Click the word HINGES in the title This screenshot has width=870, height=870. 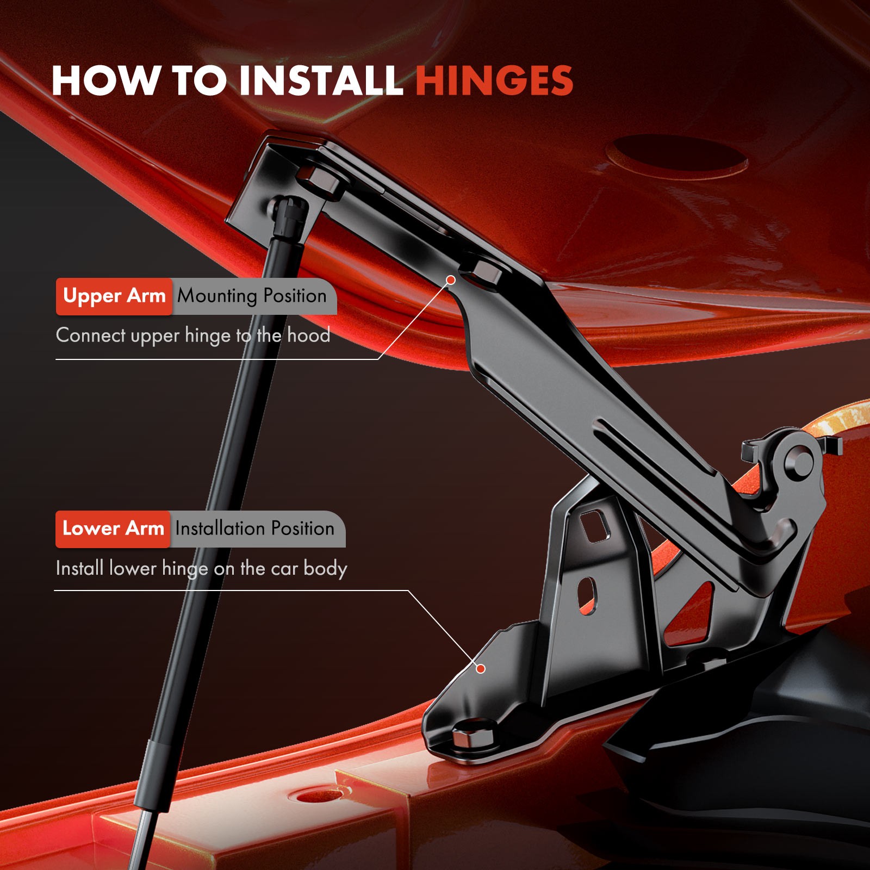pos(494,80)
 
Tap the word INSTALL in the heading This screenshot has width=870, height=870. pos(321,80)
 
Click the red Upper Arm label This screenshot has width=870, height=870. pos(114,296)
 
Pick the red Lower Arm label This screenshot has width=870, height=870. pos(113,529)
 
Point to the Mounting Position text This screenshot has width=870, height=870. pos(252,296)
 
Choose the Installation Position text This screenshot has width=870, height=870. pos(254,529)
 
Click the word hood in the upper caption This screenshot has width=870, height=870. pos(308,335)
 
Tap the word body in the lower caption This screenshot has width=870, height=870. pos(325,569)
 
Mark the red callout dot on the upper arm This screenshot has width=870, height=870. pos(451,280)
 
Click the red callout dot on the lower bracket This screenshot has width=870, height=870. pos(481,669)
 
